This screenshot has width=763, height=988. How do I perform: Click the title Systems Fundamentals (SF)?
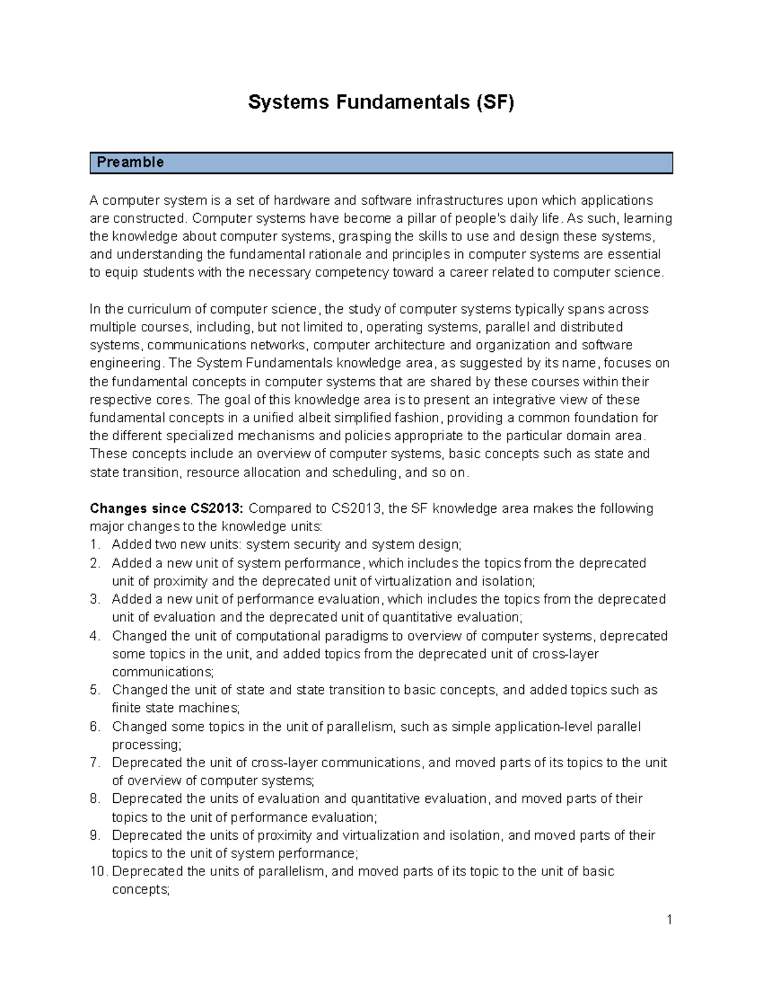coord(381,102)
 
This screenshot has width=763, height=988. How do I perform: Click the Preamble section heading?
coord(130,163)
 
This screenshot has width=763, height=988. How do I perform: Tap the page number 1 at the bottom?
coord(669,919)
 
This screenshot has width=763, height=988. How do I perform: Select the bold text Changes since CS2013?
coord(167,508)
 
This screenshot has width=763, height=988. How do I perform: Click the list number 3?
coord(95,599)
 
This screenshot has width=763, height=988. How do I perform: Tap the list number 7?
coord(95,763)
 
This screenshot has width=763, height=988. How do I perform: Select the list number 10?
coord(98,872)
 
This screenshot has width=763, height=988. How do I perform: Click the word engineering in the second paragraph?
coord(125,363)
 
